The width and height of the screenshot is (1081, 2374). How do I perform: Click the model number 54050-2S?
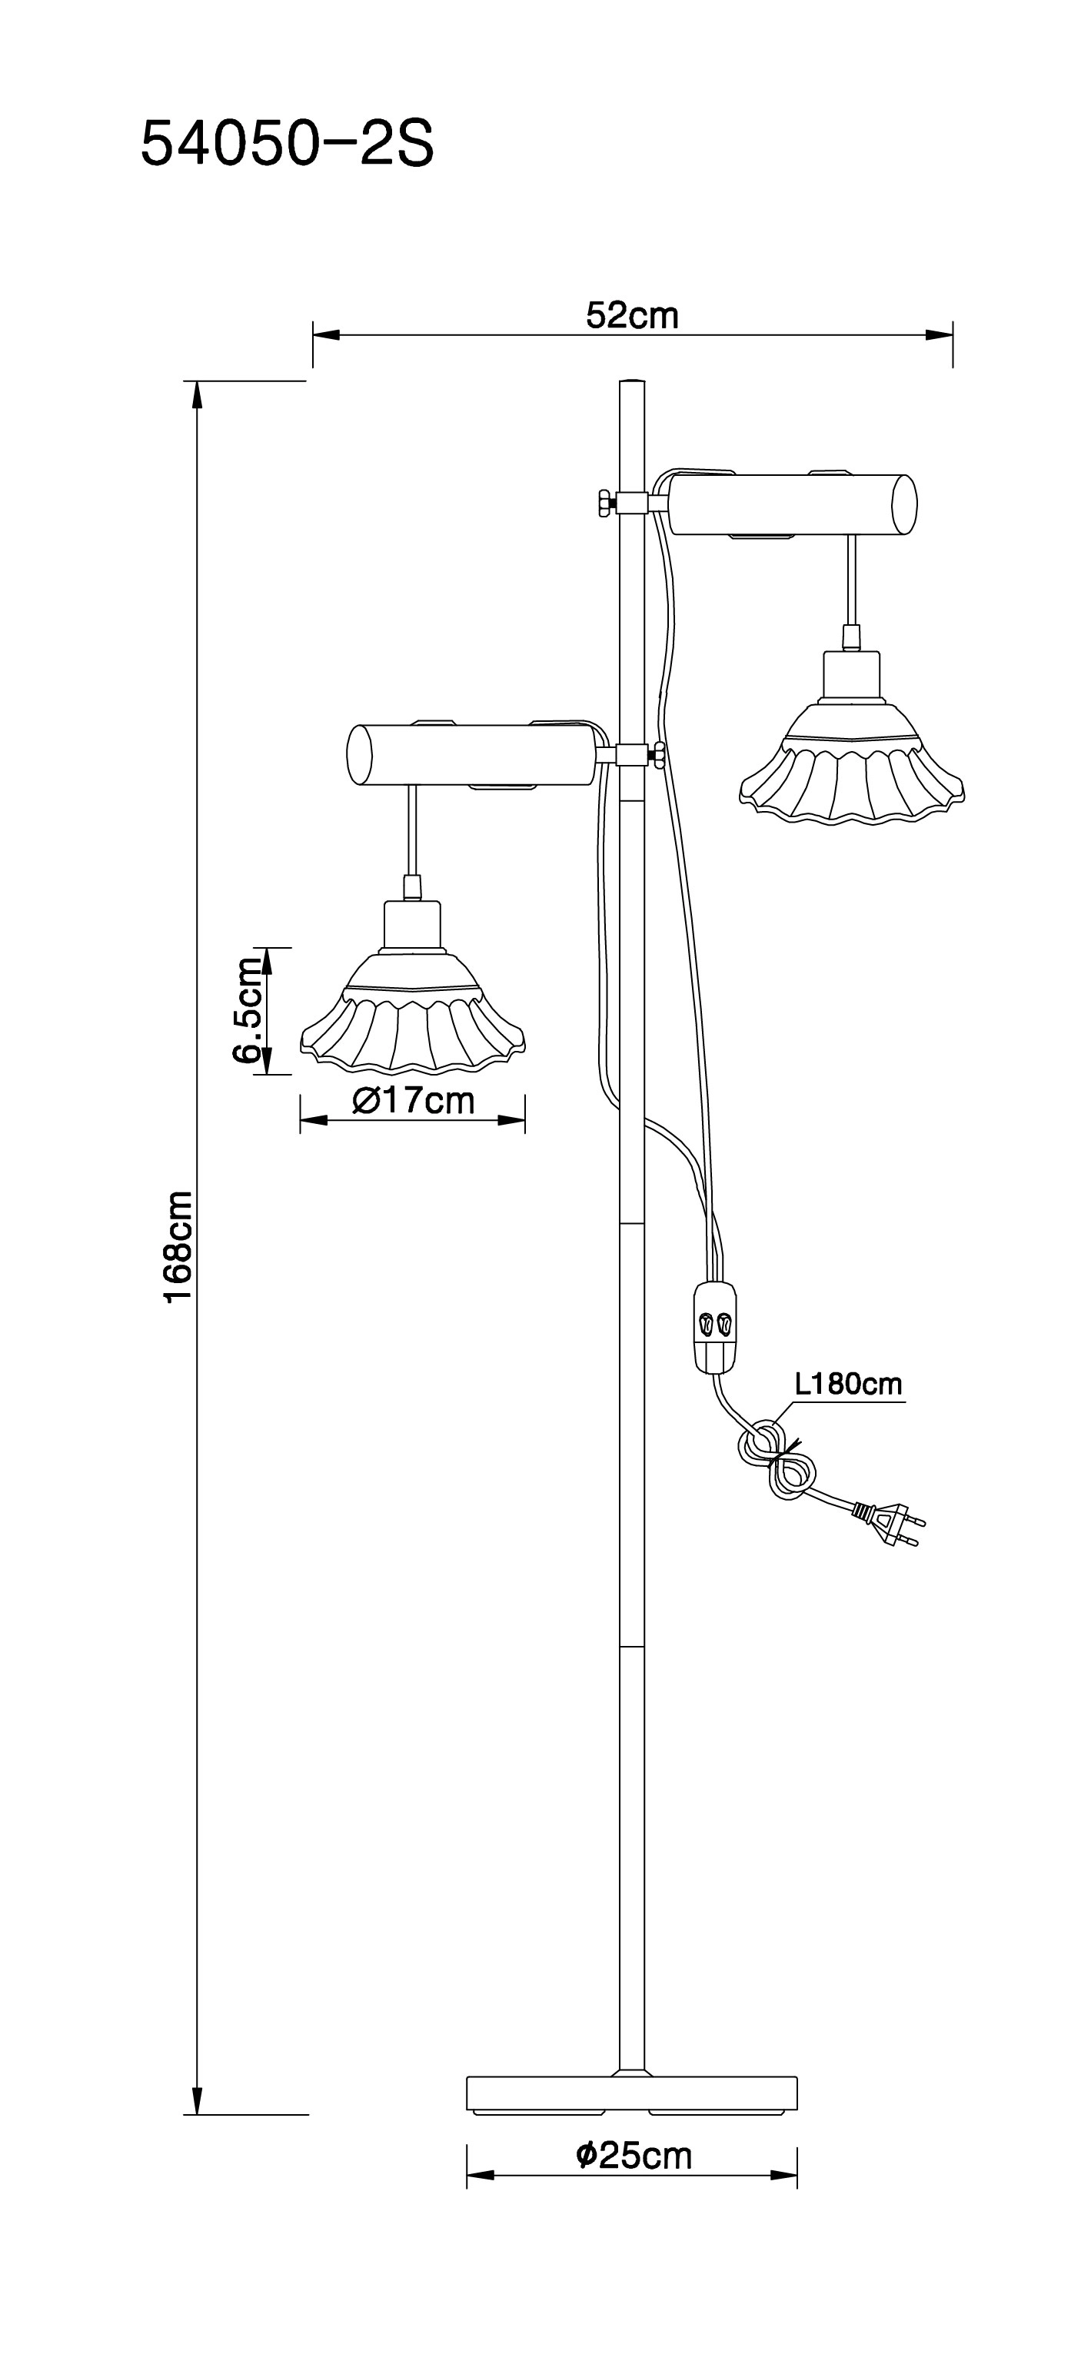tap(287, 145)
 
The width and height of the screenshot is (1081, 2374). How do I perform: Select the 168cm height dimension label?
tap(178, 1247)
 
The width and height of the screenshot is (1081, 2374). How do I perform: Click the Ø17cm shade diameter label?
tap(414, 1100)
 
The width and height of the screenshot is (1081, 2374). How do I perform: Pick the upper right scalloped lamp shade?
tap(853, 774)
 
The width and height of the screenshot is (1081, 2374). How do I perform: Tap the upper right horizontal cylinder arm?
tap(793, 504)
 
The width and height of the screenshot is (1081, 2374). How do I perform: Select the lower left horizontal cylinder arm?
tap(470, 756)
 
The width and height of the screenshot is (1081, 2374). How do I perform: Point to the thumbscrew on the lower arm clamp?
tap(660, 755)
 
